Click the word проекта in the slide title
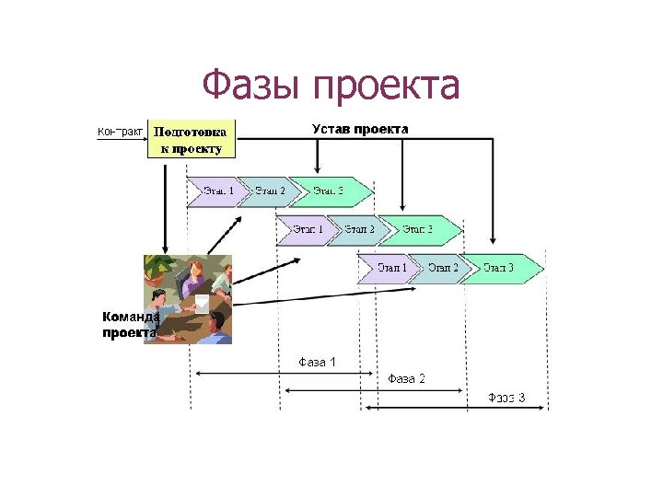[386, 87]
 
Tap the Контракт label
[119, 132]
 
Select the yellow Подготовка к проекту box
[192, 138]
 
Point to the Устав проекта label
[359, 128]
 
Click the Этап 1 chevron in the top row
[218, 191]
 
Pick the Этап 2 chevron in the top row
[270, 191]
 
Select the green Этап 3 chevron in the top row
[331, 191]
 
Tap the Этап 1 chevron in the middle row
[308, 229]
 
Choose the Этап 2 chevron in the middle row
[359, 229]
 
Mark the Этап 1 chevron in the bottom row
[391, 268]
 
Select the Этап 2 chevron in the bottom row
[443, 268]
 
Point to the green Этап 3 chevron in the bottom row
[502, 268]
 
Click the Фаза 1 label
[317, 362]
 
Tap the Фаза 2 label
[406, 378]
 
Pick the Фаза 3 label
[506, 398]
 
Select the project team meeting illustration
[188, 299]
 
